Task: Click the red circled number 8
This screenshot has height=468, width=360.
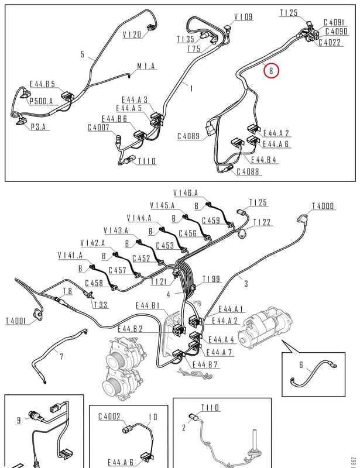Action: [x=271, y=71]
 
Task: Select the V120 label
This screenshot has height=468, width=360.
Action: [x=132, y=35]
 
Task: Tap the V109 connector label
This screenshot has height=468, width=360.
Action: [x=243, y=17]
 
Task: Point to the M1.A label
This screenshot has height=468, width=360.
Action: [x=146, y=66]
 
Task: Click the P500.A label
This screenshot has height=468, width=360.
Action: [x=41, y=101]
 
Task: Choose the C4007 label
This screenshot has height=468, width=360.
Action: [x=98, y=128]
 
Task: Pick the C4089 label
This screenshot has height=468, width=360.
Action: [x=188, y=136]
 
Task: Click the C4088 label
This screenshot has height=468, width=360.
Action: [x=248, y=171]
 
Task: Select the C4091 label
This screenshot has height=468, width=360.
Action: [x=334, y=22]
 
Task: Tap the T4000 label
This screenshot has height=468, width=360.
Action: [x=323, y=206]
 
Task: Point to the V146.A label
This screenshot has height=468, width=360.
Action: [x=186, y=193]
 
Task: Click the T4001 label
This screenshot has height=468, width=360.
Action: [x=17, y=321]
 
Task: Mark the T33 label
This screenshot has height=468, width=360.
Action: [x=100, y=305]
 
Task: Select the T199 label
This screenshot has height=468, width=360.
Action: [x=211, y=279]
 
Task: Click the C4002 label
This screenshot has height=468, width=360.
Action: [x=109, y=416]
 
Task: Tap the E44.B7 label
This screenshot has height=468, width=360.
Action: [x=205, y=364]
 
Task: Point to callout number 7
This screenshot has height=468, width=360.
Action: [x=61, y=356]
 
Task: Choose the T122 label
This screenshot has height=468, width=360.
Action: [x=262, y=222]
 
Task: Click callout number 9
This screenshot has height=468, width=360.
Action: [x=19, y=421]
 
